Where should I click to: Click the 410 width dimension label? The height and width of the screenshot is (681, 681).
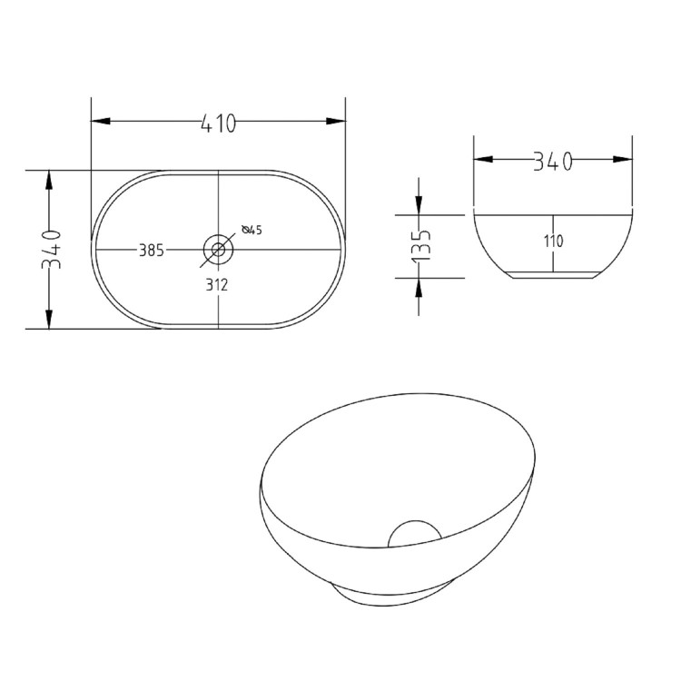218,123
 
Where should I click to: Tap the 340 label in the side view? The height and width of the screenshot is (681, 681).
553,161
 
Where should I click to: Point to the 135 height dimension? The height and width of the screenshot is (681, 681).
419,246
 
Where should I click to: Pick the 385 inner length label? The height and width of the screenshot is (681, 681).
151,251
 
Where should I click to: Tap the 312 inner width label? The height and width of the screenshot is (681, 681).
216,284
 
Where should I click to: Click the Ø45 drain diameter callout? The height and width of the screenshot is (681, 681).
252,230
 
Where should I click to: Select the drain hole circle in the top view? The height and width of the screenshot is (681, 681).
218,247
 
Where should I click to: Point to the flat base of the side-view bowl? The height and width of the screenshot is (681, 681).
553,273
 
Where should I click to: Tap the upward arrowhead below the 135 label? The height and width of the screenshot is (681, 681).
419,286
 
